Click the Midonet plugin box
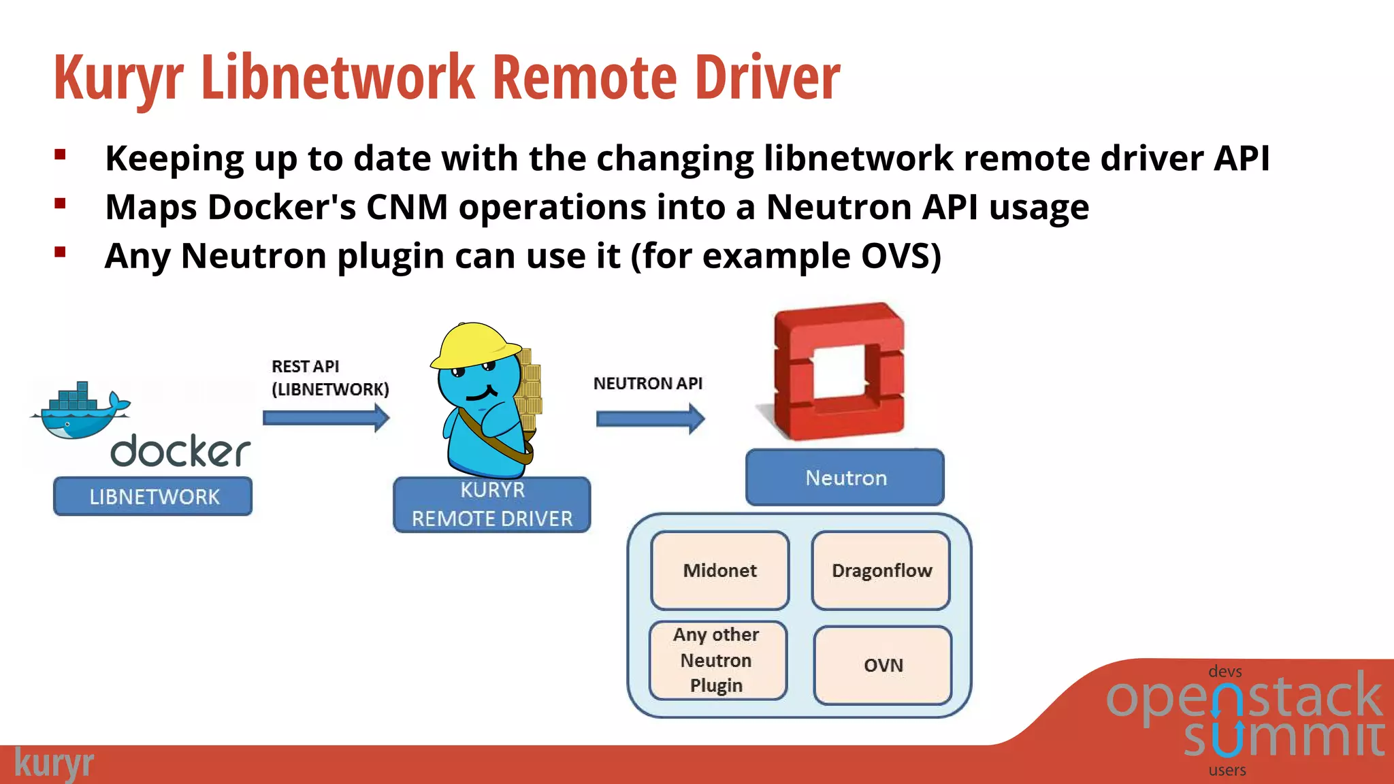coord(719,570)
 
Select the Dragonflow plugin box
coord(881,570)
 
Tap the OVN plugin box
coord(883,665)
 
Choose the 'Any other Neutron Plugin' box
coord(717,660)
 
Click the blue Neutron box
coord(845,477)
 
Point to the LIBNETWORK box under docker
coord(153,496)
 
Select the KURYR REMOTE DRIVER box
coord(491,504)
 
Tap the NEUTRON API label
coord(647,383)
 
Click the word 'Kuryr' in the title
coord(118,78)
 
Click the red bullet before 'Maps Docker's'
coord(61,203)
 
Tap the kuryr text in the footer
coord(54,764)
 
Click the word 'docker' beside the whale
coord(180,451)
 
